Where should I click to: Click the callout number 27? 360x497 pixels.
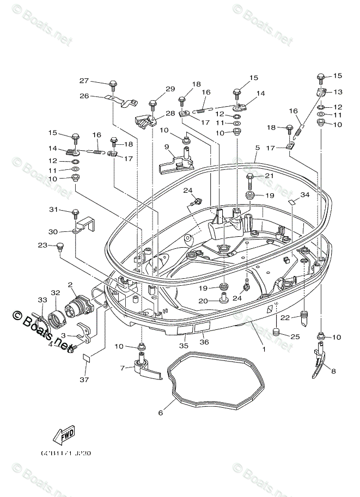[84, 81]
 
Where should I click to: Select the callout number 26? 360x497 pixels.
[84, 96]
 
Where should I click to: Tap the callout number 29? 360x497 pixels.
[170, 89]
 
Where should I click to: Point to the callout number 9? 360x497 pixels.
[168, 146]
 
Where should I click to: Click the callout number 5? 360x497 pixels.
[257, 147]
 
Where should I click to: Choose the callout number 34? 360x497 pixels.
[305, 194]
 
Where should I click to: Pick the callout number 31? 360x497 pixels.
[53, 210]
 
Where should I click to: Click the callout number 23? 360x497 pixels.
[42, 245]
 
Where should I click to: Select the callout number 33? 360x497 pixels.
[42, 299]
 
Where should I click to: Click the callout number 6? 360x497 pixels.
[160, 413]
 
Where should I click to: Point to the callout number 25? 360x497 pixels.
[295, 336]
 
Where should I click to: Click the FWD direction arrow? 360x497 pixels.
[64, 435]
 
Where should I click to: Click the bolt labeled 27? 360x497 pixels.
[114, 85]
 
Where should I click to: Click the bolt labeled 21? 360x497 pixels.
[251, 177]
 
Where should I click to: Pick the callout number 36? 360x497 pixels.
[204, 341]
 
